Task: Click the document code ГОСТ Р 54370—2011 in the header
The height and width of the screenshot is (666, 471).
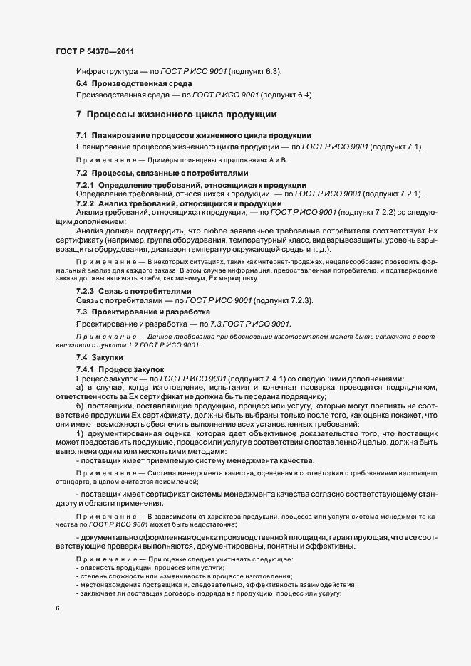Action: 95,52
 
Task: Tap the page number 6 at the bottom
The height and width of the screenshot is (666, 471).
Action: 57,608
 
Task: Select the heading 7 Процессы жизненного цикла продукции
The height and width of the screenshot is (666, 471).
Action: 176,115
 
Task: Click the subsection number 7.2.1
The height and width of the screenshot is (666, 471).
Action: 88,185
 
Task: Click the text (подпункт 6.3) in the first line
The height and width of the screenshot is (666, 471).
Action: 253,72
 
